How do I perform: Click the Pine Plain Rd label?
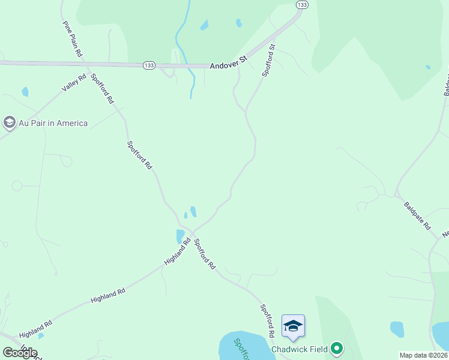click(72, 39)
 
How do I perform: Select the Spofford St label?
click(268, 60)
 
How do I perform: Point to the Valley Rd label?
click(74, 84)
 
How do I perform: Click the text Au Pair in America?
click(53, 124)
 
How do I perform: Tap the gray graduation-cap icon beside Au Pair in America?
click(9, 123)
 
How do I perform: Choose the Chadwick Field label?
click(300, 349)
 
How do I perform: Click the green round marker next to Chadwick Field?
click(337, 348)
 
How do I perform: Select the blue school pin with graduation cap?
click(293, 326)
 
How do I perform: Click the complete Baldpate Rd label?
click(417, 215)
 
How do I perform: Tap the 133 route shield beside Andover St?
click(149, 65)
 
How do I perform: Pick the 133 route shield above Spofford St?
click(302, 5)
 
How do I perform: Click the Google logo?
click(20, 353)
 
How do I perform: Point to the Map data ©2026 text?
click(424, 355)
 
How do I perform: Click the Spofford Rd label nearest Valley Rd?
click(102, 89)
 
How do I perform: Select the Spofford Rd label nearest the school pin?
click(267, 320)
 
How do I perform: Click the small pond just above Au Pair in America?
click(25, 92)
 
